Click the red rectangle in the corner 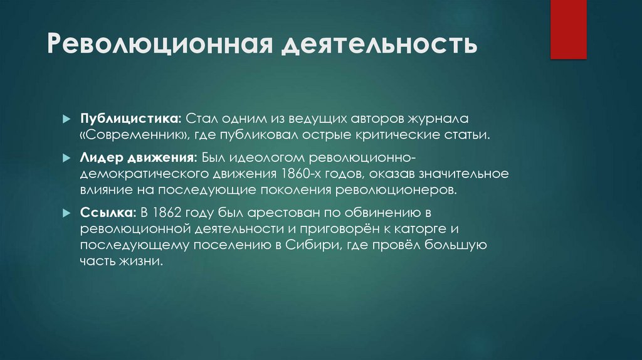pos(568,29)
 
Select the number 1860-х pos(300,173)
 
